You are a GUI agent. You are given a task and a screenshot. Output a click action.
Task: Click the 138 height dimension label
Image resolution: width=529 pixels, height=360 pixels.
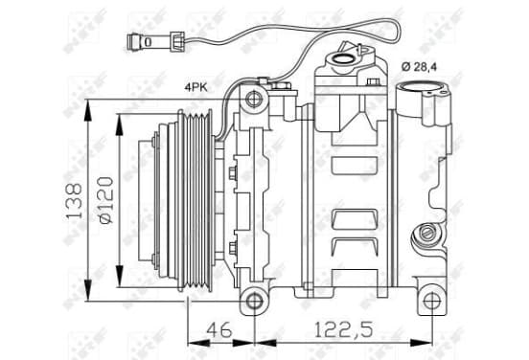click(x=74, y=201)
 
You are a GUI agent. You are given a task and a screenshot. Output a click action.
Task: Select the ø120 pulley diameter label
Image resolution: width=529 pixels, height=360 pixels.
click(x=105, y=200)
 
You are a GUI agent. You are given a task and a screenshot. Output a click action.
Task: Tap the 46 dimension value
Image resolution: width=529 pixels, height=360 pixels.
click(x=219, y=329)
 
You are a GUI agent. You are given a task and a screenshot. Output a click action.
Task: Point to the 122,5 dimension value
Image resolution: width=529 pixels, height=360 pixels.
click(x=344, y=329)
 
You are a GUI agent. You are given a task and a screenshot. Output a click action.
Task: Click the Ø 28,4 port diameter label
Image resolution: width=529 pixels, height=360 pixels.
click(x=420, y=67)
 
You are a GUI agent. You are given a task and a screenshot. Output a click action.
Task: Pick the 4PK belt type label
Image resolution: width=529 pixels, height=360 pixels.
click(x=195, y=88)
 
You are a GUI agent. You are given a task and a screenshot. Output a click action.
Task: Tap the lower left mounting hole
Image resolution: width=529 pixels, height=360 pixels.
click(x=254, y=301)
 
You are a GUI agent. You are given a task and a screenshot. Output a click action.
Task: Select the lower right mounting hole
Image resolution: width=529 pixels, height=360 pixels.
click(x=431, y=301)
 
